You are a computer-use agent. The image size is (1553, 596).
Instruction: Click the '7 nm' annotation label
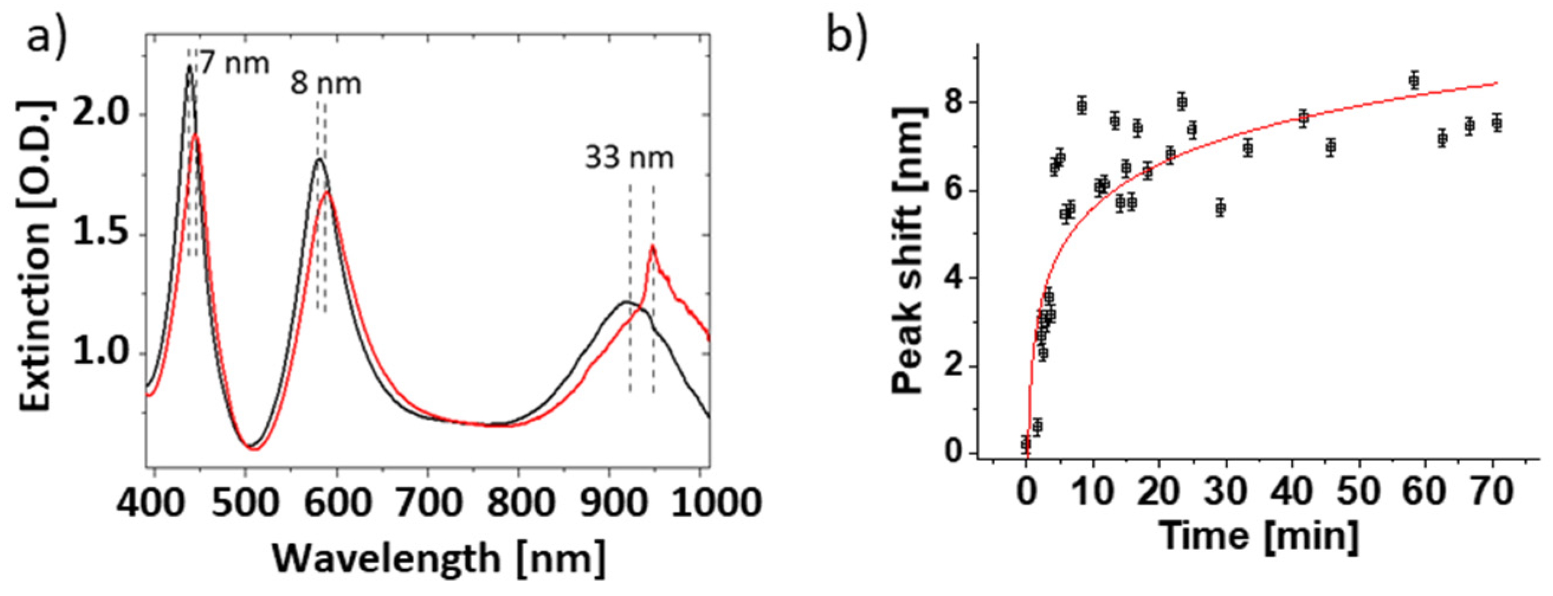pyautogui.click(x=234, y=63)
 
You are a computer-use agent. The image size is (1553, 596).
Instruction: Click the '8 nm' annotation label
pyautogui.click(x=326, y=84)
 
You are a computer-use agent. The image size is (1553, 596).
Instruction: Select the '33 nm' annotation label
pyautogui.click(x=629, y=158)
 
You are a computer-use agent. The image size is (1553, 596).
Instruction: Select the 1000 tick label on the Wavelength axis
pyautogui.click(x=716, y=501)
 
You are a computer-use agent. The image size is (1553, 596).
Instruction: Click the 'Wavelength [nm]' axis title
pyautogui.click(x=439, y=558)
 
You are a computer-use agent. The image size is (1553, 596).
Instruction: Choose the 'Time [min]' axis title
pyautogui.click(x=1260, y=535)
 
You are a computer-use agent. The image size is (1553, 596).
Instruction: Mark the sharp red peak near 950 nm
pyautogui.click(x=652, y=247)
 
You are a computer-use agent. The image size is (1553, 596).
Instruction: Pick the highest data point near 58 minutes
pyautogui.click(x=1414, y=81)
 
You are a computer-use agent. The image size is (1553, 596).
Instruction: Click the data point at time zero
pyautogui.click(x=1025, y=444)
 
